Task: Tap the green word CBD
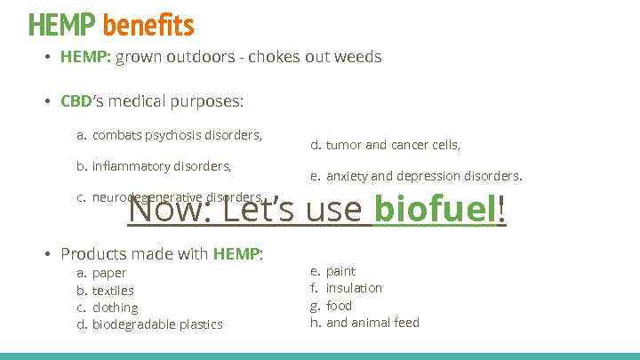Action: [76, 101]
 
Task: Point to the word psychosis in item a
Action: [167, 135]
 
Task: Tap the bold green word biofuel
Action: [436, 212]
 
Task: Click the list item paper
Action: [109, 273]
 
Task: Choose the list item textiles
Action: [113, 290]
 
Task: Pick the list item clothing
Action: [116, 308]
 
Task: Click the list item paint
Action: [340, 271]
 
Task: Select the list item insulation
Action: [354, 288]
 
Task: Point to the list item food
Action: [339, 306]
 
